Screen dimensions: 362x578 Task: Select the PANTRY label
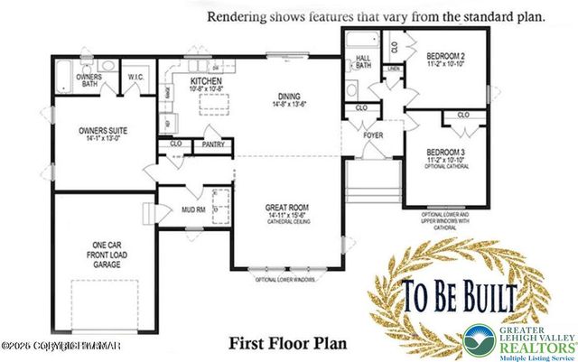(213, 143)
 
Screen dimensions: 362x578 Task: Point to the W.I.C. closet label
(138, 75)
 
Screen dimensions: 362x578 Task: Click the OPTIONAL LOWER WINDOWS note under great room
(287, 279)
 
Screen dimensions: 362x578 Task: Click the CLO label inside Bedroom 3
(463, 116)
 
